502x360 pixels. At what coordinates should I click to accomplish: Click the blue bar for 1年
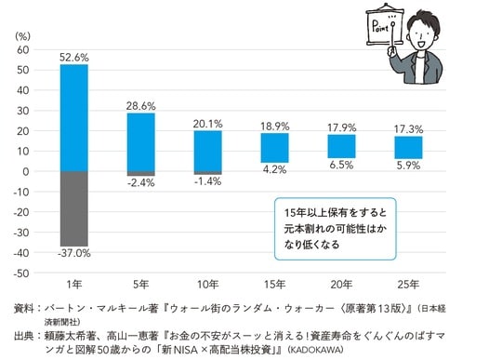pyautogui.click(x=73, y=117)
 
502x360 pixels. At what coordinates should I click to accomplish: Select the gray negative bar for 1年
pyautogui.click(x=73, y=208)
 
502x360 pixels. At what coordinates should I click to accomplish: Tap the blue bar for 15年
pyautogui.click(x=274, y=148)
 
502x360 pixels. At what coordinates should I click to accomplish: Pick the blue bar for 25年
pyautogui.click(x=408, y=148)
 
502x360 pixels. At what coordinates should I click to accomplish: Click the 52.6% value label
pyautogui.click(x=73, y=56)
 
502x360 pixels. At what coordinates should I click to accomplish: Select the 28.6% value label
pyautogui.click(x=140, y=105)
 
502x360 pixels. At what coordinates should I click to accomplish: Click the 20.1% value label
pyautogui.click(x=207, y=122)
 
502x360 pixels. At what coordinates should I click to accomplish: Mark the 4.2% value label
pyautogui.click(x=274, y=170)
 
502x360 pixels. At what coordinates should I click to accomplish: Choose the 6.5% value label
pyautogui.click(x=341, y=166)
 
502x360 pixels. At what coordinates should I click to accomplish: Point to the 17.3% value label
pyautogui.click(x=408, y=128)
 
